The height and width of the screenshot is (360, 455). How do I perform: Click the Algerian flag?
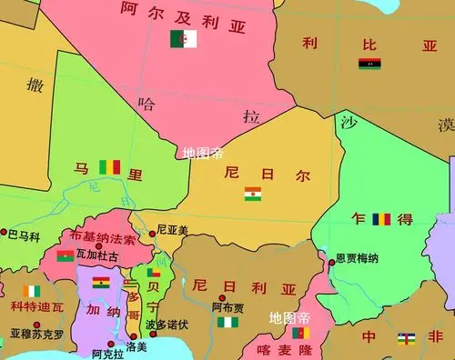coord(183,38)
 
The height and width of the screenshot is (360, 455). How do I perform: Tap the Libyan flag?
coord(369,65)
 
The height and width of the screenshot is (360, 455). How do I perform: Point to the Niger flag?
coord(252,194)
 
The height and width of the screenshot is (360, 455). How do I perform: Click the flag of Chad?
coord(382,220)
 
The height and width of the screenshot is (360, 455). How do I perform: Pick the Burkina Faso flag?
coord(66,255)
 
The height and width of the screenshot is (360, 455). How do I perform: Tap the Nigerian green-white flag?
coord(228,322)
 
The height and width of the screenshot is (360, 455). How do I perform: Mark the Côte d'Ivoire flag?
coord(32,291)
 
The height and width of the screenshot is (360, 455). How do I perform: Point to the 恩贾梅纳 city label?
coord(358,258)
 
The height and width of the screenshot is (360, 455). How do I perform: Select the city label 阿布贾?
coord(227,308)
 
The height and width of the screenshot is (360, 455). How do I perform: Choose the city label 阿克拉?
coord(107,353)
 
